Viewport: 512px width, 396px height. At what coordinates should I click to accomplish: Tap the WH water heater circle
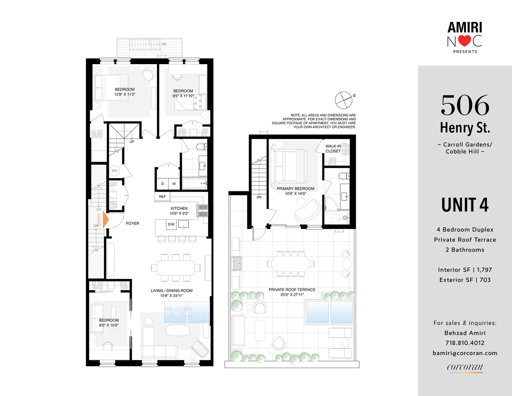(x=114, y=171)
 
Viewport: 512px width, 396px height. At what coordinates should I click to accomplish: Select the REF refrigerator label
(x=162, y=196)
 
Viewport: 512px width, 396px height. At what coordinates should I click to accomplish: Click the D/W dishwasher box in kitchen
(x=171, y=225)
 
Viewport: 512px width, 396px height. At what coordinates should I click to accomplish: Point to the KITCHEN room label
(x=179, y=208)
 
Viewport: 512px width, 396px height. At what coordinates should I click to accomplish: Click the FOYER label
(x=133, y=223)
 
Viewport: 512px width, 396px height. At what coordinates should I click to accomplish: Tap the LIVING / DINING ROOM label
(x=171, y=291)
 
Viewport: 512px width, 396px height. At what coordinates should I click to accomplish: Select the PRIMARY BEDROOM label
(x=295, y=188)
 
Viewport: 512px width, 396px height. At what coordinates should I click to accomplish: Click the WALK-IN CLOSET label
(x=333, y=148)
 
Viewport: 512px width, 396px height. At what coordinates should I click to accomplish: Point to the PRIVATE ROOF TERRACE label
(x=292, y=289)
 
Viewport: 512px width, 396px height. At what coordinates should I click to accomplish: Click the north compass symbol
(x=343, y=100)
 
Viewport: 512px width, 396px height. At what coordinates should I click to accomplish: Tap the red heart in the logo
(x=465, y=41)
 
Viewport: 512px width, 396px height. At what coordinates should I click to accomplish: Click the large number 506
(x=465, y=105)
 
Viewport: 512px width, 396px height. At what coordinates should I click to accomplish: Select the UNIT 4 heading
(x=465, y=205)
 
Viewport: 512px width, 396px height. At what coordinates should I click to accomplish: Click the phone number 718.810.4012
(x=465, y=343)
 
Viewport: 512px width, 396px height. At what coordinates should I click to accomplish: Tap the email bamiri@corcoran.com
(x=465, y=353)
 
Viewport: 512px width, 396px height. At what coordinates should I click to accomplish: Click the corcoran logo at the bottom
(x=465, y=367)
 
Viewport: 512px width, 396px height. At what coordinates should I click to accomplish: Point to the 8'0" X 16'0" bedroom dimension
(x=109, y=326)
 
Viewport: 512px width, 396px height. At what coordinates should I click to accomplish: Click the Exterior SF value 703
(x=485, y=280)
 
